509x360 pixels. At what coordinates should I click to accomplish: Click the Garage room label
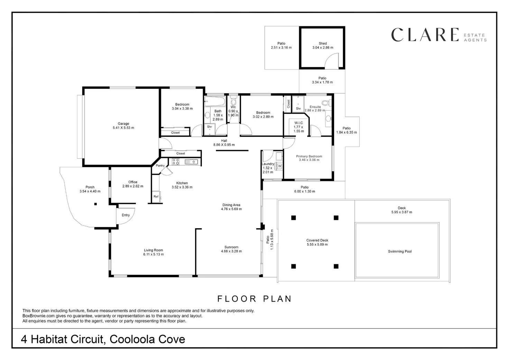(123, 124)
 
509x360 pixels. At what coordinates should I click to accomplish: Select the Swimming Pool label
(400, 251)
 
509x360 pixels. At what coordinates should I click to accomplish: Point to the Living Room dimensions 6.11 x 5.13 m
(154, 254)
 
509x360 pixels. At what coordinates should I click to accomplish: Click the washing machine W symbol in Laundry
(279, 166)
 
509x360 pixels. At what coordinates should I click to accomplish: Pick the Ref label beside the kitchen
(156, 196)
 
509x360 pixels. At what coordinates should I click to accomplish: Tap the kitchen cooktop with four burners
(175, 161)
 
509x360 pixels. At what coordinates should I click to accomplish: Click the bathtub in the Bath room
(215, 101)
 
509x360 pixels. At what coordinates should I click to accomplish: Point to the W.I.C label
(298, 123)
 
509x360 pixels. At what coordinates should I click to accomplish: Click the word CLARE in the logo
(425, 35)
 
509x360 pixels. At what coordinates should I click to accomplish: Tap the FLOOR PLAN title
(254, 299)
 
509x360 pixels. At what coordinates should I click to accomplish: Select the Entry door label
(126, 215)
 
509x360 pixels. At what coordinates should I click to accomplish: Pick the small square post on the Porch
(96, 204)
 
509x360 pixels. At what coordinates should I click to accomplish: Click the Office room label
(133, 182)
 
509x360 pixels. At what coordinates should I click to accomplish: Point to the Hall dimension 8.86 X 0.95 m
(224, 145)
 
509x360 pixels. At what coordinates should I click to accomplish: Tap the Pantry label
(160, 165)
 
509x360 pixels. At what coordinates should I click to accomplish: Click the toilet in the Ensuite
(327, 103)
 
